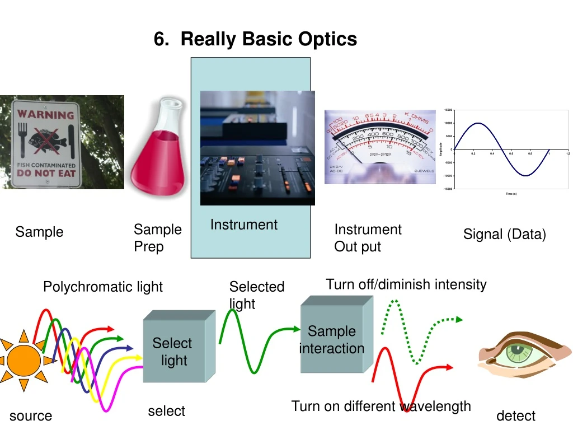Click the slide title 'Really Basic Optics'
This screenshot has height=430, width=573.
(x=255, y=39)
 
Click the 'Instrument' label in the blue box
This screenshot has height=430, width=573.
(x=243, y=225)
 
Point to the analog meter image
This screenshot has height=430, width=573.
(x=379, y=147)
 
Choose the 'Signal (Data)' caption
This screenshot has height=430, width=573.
(x=504, y=234)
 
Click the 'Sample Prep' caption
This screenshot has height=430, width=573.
(x=157, y=237)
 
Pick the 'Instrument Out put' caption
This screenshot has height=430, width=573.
(x=368, y=237)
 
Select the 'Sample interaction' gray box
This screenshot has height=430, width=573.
(x=332, y=339)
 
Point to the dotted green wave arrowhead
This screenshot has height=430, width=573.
(x=458, y=319)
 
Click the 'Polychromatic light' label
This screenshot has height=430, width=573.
(x=103, y=287)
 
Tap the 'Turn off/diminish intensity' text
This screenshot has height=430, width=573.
(x=406, y=284)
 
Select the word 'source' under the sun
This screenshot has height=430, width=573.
(x=31, y=415)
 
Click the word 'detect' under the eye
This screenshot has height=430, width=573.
(x=515, y=415)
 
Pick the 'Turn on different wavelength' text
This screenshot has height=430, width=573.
(x=381, y=406)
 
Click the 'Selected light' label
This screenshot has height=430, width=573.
(x=257, y=295)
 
